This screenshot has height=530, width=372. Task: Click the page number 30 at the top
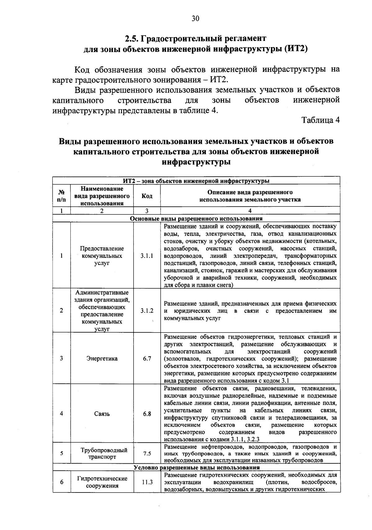(x=195, y=18)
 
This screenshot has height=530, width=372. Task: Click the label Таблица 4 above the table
(x=321, y=120)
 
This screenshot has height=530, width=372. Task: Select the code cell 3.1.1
(x=147, y=256)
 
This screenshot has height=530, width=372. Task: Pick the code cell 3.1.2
(x=147, y=311)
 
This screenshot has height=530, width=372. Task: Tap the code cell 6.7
(x=147, y=359)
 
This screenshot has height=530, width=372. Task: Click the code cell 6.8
(x=147, y=414)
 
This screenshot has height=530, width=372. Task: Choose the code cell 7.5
(x=147, y=453)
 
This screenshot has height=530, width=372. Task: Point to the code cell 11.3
(x=147, y=482)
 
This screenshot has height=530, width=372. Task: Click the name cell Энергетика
(x=102, y=359)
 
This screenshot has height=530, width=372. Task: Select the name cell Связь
(x=102, y=414)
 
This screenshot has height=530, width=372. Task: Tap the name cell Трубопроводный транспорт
(x=102, y=453)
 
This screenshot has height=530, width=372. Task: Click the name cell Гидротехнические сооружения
(x=102, y=482)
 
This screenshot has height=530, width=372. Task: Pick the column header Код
(x=147, y=196)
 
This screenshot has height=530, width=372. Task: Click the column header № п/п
(x=61, y=196)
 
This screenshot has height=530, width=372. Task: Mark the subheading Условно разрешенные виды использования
(x=196, y=468)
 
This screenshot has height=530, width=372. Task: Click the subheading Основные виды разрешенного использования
(x=196, y=219)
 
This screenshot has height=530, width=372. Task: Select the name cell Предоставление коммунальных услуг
(x=102, y=256)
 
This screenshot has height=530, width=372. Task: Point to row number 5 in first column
(x=61, y=453)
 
